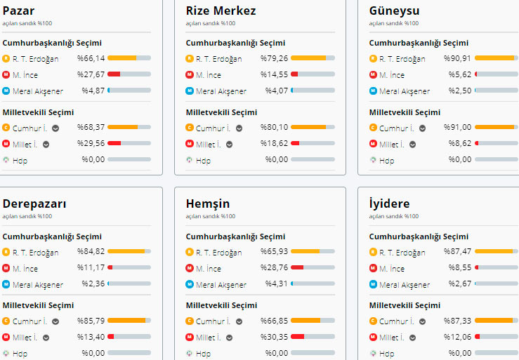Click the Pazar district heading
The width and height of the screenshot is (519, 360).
[x=18, y=11]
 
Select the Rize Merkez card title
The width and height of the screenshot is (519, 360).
[x=221, y=11]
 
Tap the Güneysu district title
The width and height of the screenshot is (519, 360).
[x=394, y=11]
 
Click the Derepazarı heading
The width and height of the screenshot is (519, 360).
[x=34, y=204]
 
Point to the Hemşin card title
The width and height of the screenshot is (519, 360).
[x=207, y=204]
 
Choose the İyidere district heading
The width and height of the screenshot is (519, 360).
[x=390, y=204]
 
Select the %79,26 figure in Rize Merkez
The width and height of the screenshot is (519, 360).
[x=274, y=58]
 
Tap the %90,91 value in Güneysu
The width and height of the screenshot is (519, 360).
[x=457, y=58]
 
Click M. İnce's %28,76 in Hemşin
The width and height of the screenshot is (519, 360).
[x=274, y=268]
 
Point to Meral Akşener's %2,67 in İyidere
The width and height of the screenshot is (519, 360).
[x=459, y=284]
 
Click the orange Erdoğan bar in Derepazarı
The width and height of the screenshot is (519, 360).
[x=126, y=251]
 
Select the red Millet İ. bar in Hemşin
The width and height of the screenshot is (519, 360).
[x=297, y=337]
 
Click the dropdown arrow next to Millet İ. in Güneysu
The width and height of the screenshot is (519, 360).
[x=412, y=145]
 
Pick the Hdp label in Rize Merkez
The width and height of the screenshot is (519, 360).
[x=203, y=160]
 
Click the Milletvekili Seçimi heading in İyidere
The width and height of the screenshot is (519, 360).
[x=405, y=305]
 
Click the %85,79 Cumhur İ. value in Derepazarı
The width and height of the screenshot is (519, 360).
[x=91, y=321]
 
